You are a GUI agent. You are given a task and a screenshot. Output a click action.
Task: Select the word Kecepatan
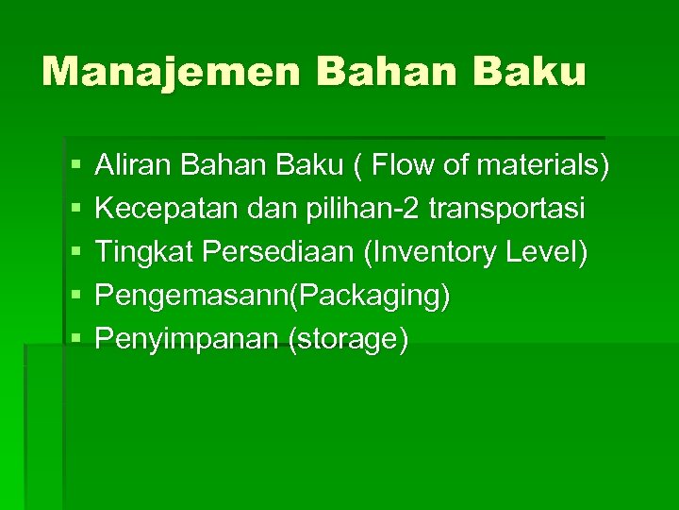point(168,209)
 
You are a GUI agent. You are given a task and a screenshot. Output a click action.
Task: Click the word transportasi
point(506,209)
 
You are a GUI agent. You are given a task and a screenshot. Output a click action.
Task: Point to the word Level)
point(548,252)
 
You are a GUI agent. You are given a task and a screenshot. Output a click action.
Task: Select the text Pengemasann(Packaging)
point(273,296)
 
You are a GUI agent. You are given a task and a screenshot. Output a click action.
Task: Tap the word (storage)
point(349,338)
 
